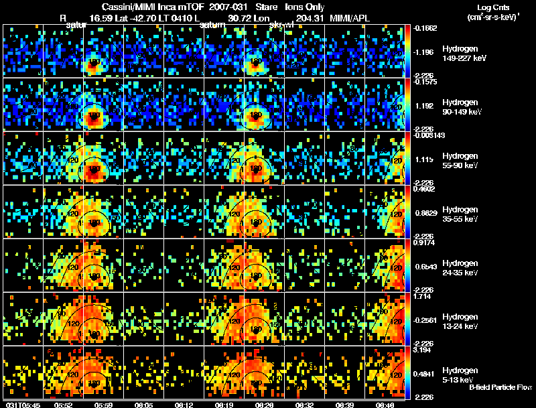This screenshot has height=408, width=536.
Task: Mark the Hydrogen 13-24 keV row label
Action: (460, 321)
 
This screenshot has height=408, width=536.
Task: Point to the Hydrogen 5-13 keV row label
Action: (459, 375)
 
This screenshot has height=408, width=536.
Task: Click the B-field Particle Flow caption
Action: (500, 387)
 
